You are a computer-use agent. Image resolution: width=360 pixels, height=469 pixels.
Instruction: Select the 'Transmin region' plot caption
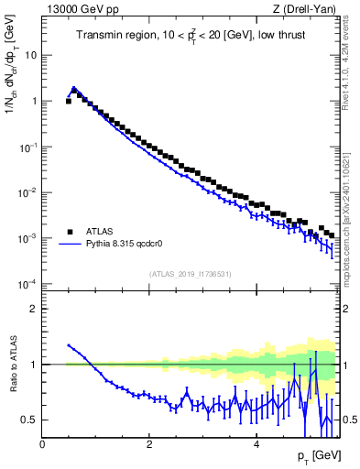191,36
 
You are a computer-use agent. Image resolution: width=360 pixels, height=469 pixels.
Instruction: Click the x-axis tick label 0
42,444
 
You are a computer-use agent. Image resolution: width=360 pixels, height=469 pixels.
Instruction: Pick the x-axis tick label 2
149,444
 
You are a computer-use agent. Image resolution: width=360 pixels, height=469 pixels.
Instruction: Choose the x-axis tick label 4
256,444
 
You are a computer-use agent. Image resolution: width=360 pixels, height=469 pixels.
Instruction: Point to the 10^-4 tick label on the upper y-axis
27,283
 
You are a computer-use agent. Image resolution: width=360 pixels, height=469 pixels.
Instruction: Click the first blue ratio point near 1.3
69,345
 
